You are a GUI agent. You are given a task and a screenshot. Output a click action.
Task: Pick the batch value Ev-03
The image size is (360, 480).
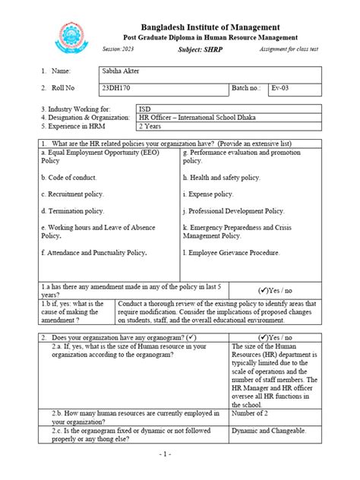click(282, 88)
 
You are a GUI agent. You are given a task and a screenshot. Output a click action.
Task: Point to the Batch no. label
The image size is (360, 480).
click(248, 88)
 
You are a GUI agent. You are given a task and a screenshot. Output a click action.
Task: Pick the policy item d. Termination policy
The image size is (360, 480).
click(76, 211)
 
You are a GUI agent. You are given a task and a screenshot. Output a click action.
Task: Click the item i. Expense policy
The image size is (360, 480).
click(212, 194)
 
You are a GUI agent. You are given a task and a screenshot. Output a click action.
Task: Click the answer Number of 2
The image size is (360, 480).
click(249, 414)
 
